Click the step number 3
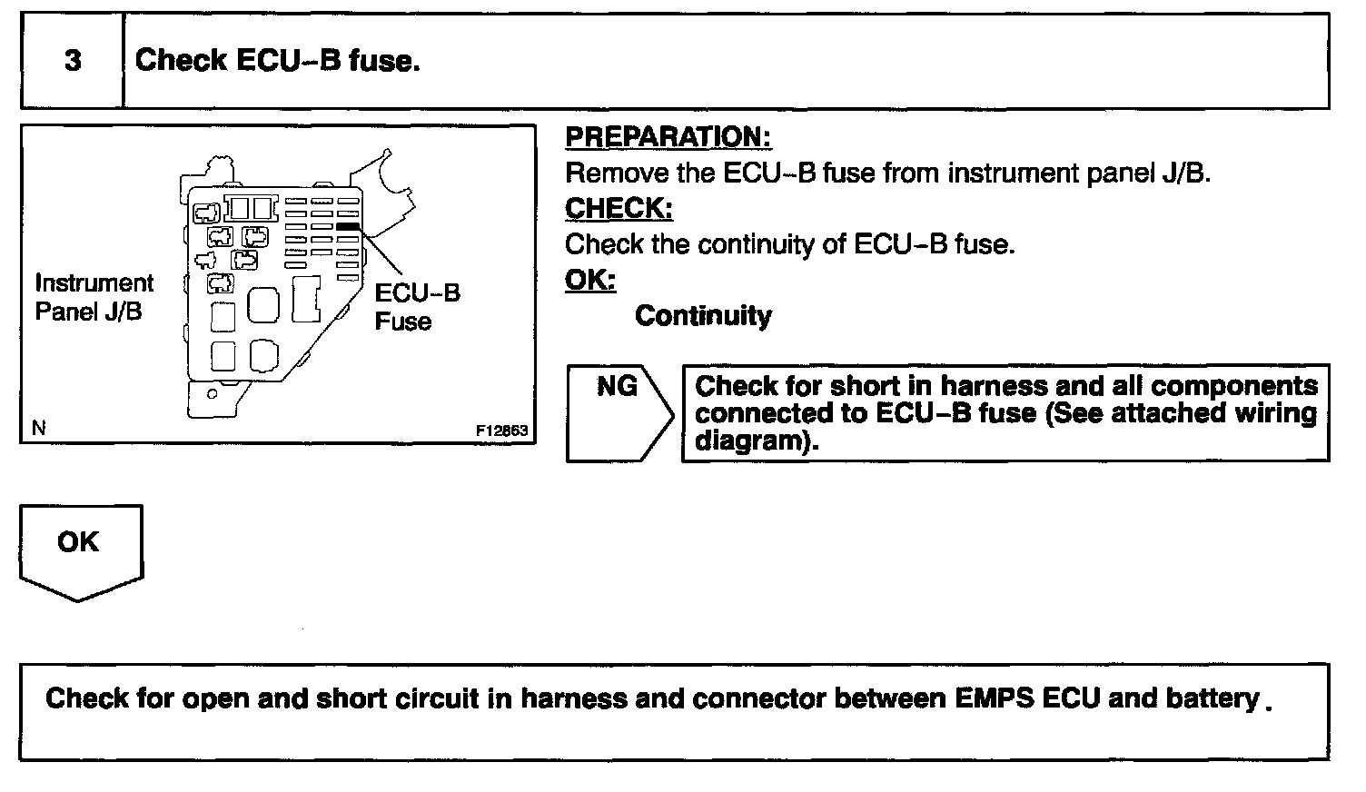tap(73, 61)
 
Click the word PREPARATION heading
tap(668, 137)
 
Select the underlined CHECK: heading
tap(619, 208)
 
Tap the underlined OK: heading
tap(590, 280)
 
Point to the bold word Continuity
tap(703, 316)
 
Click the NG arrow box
tap(619, 413)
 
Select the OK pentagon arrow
tap(80, 549)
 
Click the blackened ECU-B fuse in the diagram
tap(347, 225)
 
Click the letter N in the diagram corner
tap(38, 429)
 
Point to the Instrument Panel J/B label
tap(94, 298)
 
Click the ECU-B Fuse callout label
tap(417, 307)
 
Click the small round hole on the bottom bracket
tap(212, 395)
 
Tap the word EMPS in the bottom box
tap(994, 698)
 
